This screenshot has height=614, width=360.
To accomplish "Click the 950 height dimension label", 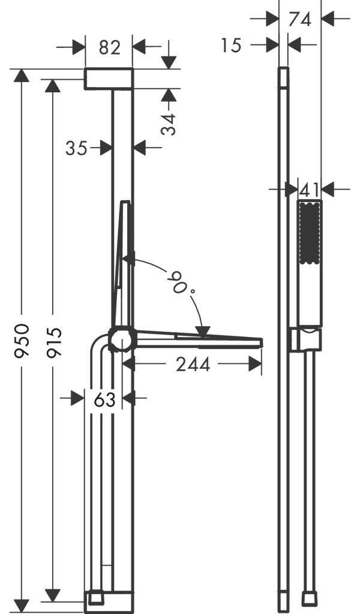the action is coord(22,341).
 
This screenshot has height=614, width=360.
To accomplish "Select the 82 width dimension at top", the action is coord(109,47).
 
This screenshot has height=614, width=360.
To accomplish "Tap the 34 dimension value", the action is coord(169,124).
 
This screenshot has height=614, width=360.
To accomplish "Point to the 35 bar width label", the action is coord(76,148).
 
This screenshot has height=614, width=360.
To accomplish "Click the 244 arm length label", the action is coord(193,364).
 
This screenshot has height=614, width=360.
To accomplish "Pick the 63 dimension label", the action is coord(104,399).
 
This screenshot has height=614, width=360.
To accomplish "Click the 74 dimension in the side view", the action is coord(299,19).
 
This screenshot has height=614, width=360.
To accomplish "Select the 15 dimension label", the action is coord(231,46).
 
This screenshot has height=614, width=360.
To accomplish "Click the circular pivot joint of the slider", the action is coord(122,339).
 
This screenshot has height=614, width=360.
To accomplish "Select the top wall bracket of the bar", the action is coord(109,79).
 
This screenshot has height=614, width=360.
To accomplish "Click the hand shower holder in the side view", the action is coord(306,340).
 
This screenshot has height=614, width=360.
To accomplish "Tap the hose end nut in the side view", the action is coord(310,599).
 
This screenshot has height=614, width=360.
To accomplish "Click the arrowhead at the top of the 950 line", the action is coord(22,75).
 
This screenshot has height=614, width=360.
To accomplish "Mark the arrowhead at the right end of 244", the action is coord(255,364).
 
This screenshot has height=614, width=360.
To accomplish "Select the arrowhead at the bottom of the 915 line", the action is coord(52,595).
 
